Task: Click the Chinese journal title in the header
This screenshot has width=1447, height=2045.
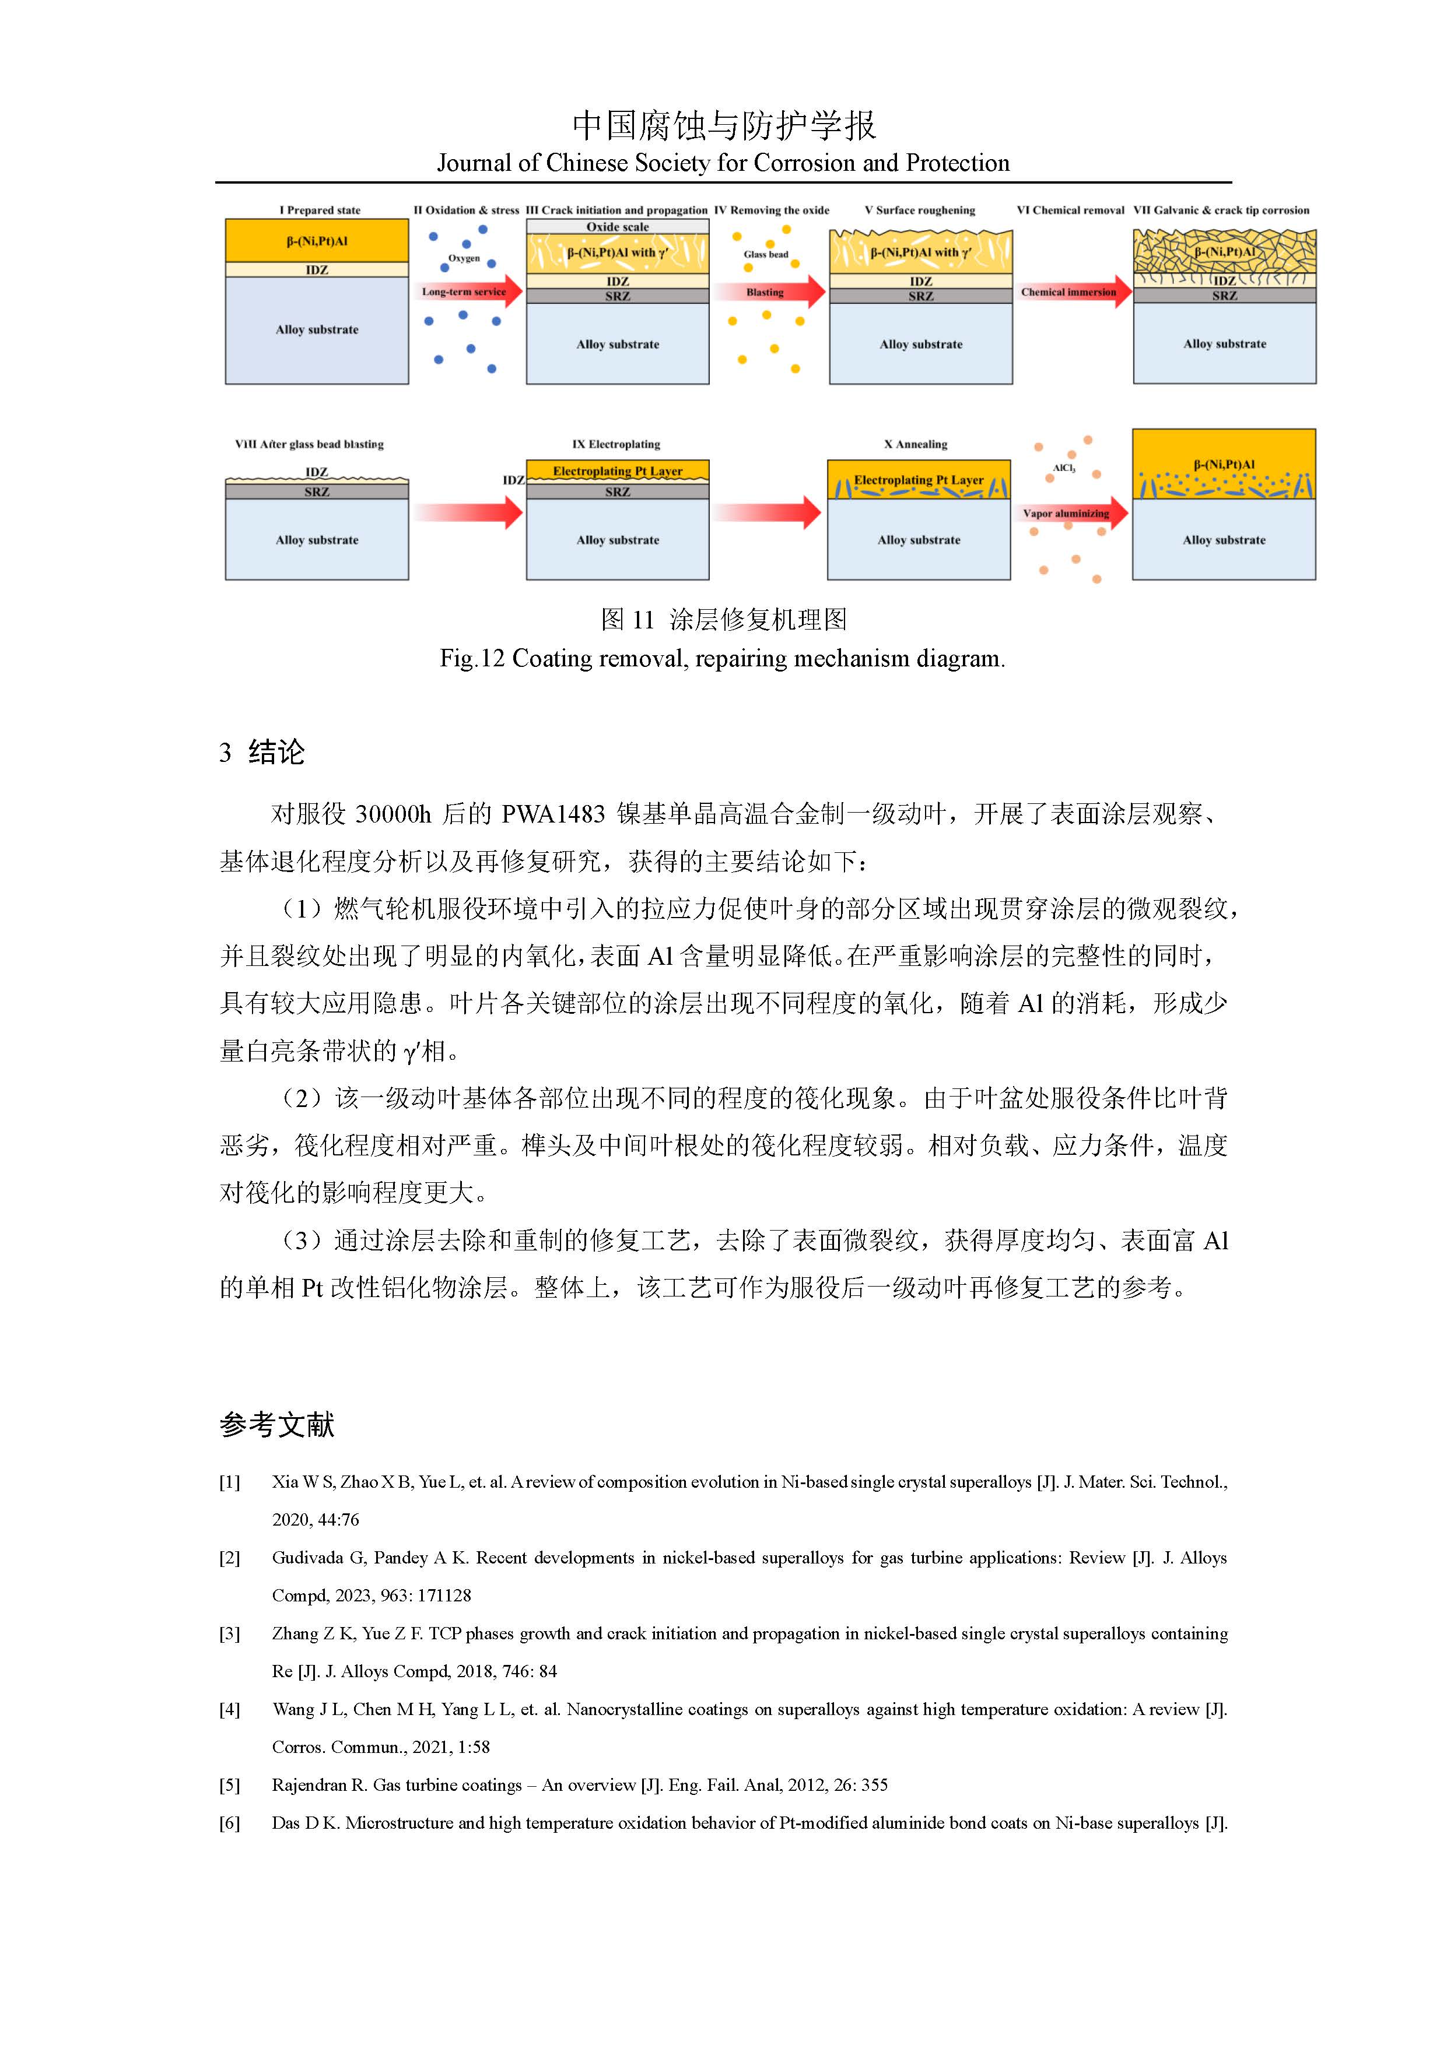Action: pyautogui.click(x=723, y=125)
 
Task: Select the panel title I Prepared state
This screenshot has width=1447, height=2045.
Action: pyautogui.click(x=320, y=210)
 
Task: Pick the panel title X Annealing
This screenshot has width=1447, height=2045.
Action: pyautogui.click(x=915, y=444)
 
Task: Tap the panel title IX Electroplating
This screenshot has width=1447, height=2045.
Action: pyautogui.click(x=616, y=444)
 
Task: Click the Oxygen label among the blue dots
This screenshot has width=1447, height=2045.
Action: pyautogui.click(x=463, y=258)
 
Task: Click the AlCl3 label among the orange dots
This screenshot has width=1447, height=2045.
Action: pyautogui.click(x=1064, y=468)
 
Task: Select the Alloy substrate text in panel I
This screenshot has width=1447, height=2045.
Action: pyautogui.click(x=317, y=329)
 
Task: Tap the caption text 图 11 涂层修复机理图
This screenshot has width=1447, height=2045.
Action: pyautogui.click(x=723, y=619)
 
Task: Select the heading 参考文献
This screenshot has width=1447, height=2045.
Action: pyautogui.click(x=276, y=1425)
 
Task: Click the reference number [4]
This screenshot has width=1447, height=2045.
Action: pyautogui.click(x=230, y=1709)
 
